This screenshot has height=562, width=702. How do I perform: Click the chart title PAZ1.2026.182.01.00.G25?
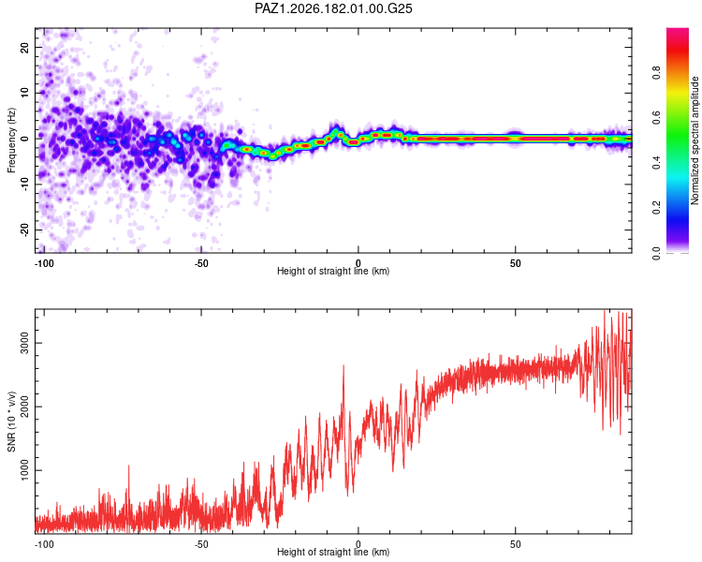(333, 8)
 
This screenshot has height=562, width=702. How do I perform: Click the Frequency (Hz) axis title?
(11, 140)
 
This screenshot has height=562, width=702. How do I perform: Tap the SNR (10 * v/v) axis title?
(11, 421)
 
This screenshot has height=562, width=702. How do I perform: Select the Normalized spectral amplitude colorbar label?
(695, 140)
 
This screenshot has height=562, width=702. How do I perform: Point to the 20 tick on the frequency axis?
(24, 47)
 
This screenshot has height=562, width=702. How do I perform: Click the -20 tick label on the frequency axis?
(24, 229)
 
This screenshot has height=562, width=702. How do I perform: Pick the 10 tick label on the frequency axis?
(24, 93)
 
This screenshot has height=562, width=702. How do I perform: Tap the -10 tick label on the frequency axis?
(24, 185)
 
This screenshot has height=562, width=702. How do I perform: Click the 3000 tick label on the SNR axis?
(24, 344)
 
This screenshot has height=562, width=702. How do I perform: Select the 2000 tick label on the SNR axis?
(24, 407)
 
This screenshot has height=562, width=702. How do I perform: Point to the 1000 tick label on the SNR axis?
(24, 470)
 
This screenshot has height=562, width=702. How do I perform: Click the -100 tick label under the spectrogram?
(44, 263)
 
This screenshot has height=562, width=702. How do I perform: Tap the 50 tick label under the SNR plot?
(516, 544)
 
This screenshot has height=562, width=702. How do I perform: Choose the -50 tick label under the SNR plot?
(201, 544)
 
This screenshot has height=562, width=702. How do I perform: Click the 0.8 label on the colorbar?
(656, 72)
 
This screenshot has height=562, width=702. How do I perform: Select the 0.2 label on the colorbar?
(656, 208)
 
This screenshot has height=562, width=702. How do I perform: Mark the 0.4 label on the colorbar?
(656, 162)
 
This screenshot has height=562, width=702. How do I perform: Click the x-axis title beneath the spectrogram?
(333, 271)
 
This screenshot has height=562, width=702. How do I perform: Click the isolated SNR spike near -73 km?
(129, 466)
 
